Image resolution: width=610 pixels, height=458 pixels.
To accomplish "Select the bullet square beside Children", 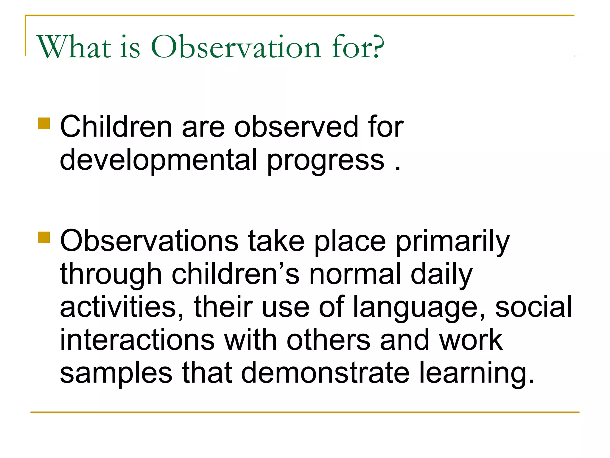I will pyautogui.click(x=44, y=123).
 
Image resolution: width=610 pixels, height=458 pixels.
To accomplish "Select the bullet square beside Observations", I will pyautogui.click(x=44, y=238).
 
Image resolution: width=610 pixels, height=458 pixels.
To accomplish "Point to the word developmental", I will pyautogui.click(x=158, y=160).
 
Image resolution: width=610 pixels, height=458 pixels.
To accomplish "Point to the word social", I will pyautogui.click(x=533, y=307).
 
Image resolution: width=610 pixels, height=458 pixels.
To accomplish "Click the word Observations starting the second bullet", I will pyautogui.click(x=149, y=241).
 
